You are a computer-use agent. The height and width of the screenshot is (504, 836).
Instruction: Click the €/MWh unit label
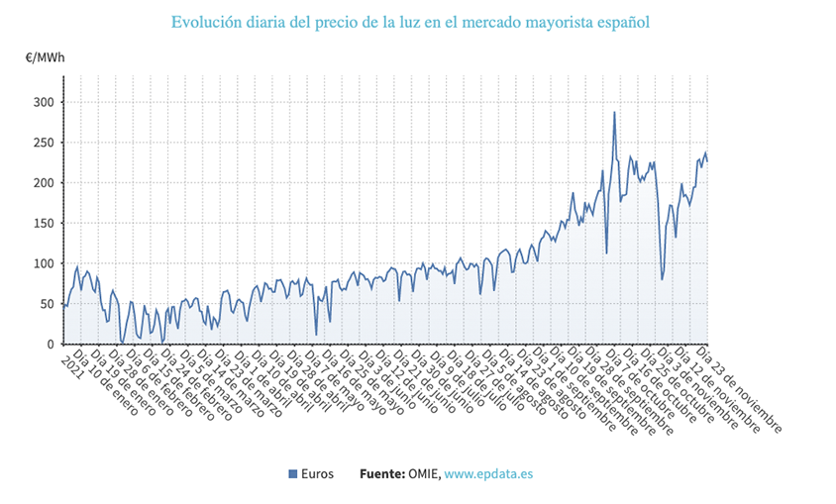click(46, 57)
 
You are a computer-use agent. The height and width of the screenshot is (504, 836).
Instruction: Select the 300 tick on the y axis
click(45, 102)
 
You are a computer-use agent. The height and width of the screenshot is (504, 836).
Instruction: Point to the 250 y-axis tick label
click(45, 143)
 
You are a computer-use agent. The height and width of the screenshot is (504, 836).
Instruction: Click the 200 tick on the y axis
click(45, 183)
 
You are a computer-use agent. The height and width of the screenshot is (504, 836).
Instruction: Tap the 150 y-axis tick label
click(45, 224)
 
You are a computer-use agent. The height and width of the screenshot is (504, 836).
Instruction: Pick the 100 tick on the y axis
click(45, 263)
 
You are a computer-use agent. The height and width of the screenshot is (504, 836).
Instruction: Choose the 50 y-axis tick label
click(48, 304)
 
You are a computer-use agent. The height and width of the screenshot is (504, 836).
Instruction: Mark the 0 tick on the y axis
click(52, 345)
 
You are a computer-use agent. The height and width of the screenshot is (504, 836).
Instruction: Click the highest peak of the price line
click(614, 112)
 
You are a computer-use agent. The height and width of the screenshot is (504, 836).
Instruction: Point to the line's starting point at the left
click(62, 305)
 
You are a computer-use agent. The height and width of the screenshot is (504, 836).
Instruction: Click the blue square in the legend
click(293, 474)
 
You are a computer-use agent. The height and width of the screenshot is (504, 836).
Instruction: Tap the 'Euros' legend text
click(318, 474)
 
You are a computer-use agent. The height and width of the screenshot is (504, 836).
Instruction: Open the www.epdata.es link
click(488, 474)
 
